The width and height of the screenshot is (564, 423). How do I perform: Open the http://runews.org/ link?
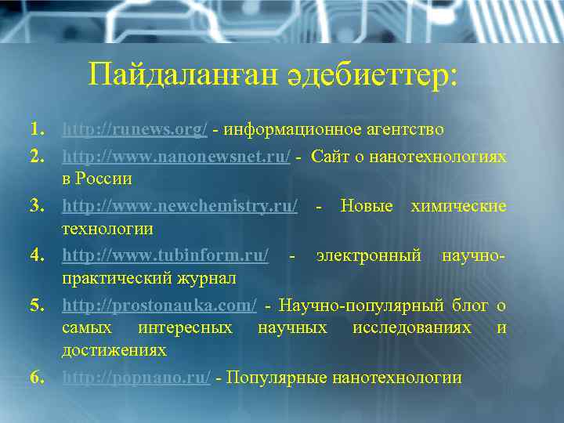pos(135,128)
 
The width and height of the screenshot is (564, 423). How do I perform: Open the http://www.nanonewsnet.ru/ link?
pos(176,157)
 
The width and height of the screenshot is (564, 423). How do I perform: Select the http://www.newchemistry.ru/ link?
pos(179,207)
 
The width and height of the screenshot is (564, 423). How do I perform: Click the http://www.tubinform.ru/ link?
pos(165,256)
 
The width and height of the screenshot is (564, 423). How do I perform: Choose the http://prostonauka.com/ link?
pos(159,305)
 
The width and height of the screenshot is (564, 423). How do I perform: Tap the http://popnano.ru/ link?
pos(136,378)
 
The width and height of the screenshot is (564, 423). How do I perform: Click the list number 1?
pos(37,128)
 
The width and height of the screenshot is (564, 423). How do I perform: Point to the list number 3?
pos(37,207)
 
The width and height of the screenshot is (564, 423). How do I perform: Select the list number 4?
pos(37,256)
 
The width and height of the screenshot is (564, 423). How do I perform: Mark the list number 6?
pos(37,378)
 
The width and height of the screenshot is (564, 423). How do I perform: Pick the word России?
pos(103,179)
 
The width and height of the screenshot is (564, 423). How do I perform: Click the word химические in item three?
pos(457,207)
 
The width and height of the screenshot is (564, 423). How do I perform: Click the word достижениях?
pos(114,350)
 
